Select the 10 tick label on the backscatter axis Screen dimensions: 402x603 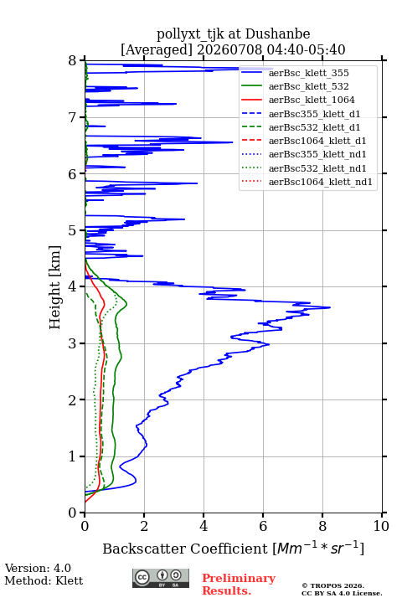[x=381, y=526]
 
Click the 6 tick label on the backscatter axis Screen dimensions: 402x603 [x=263, y=526]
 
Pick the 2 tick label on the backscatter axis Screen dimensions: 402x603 [x=144, y=526]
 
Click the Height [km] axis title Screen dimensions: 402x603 [x=54, y=287]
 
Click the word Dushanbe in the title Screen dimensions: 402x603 [x=278, y=34]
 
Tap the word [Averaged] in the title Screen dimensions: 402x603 [x=157, y=49]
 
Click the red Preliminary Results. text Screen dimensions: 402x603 [x=239, y=585]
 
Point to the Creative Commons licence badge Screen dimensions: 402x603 [x=161, y=579]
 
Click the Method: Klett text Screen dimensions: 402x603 [x=44, y=580]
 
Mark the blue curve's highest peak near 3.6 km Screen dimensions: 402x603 [x=329, y=307]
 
